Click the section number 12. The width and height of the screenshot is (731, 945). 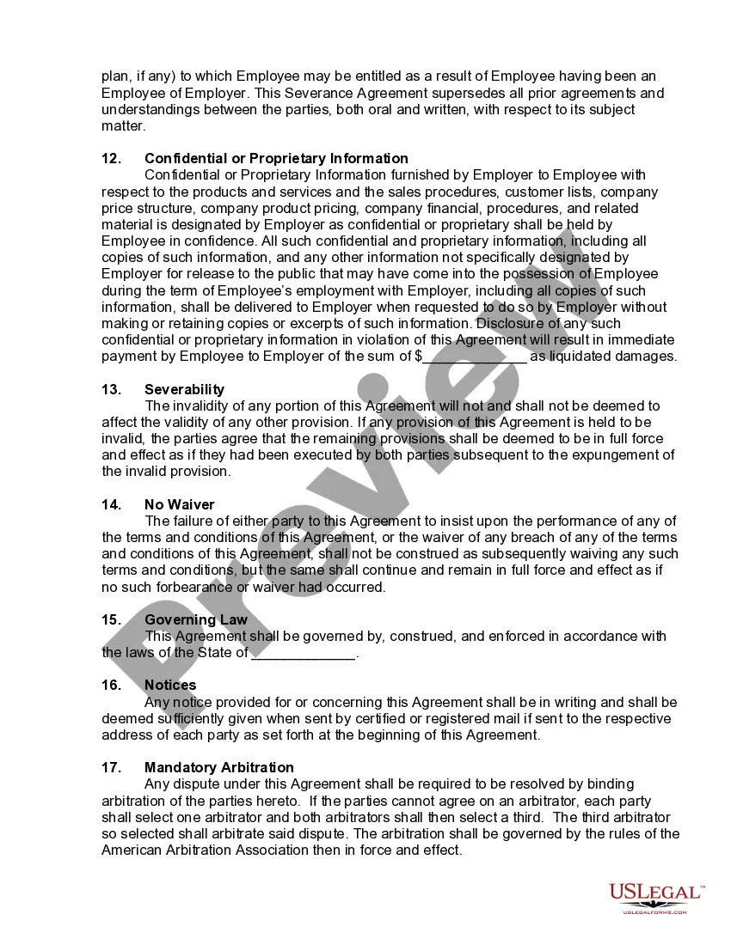click(111, 159)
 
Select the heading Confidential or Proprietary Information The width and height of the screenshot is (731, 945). click(276, 159)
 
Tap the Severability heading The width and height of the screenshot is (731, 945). click(184, 390)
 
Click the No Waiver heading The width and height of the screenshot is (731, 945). click(179, 505)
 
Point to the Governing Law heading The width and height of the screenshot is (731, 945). click(195, 620)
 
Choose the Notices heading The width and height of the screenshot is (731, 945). click(170, 686)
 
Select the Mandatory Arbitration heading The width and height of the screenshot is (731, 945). click(218, 768)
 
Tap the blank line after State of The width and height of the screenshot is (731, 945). click(303, 654)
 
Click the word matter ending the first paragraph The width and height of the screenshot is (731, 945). click(122, 126)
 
